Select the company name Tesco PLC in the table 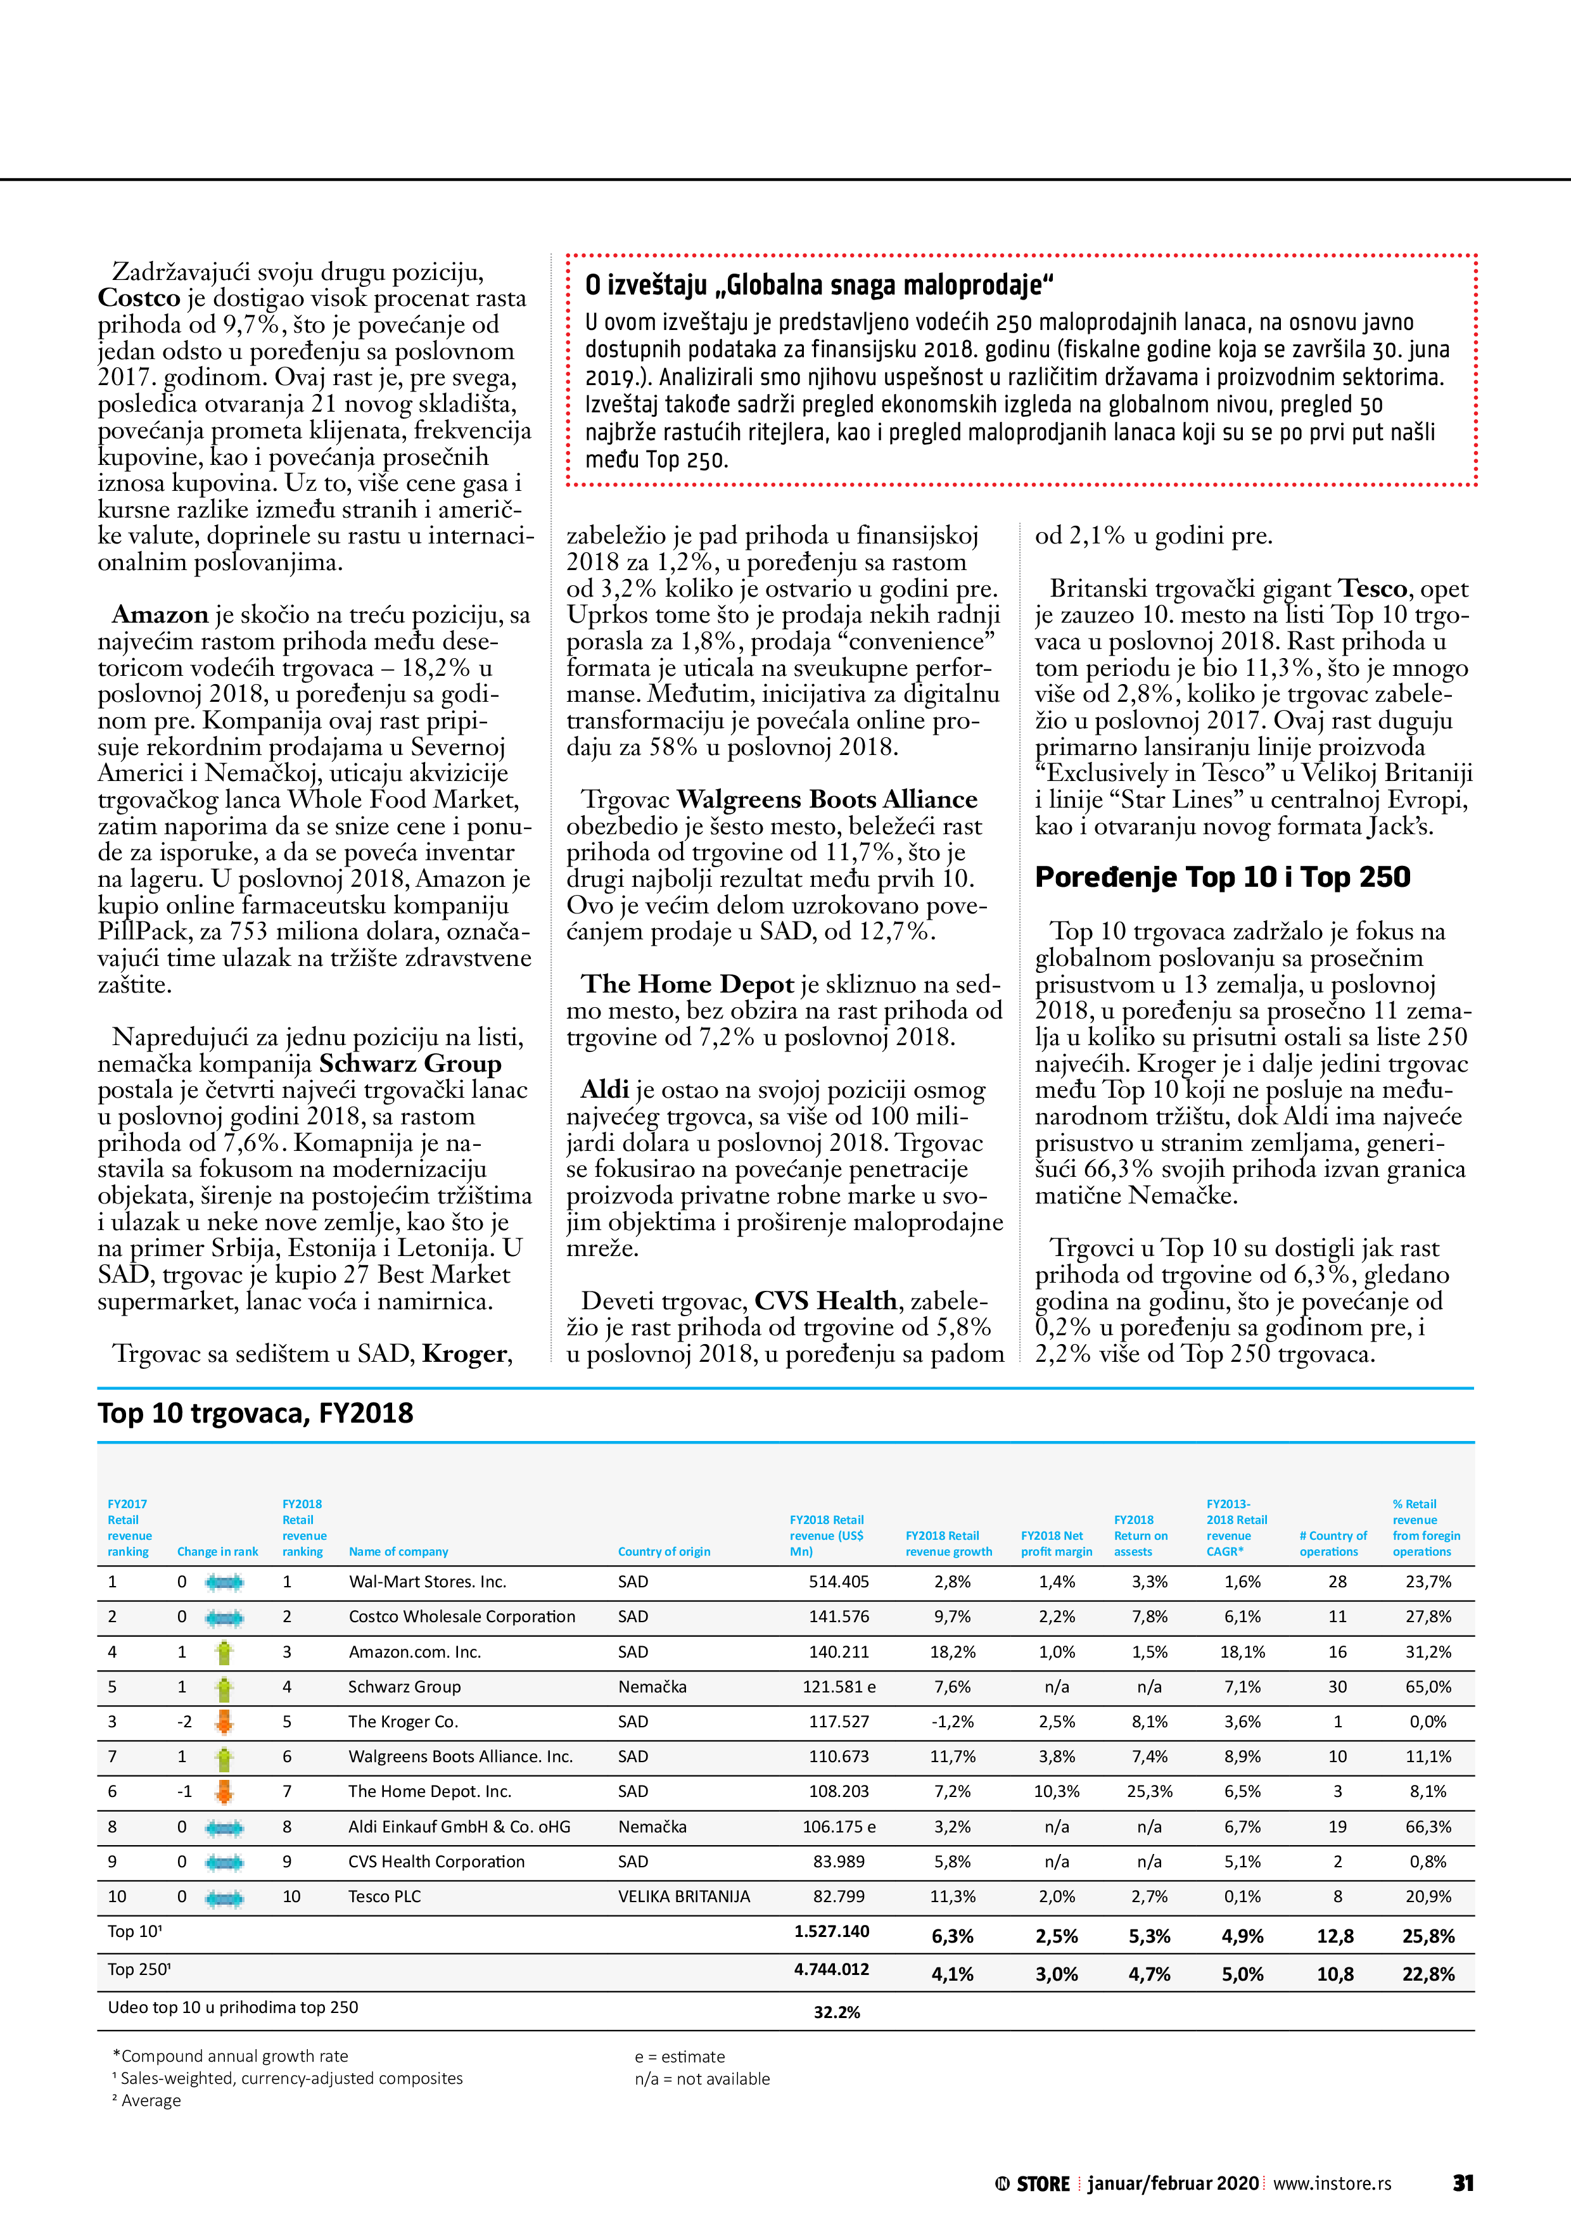pos(385,1896)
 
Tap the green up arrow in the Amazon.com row pos(224,1652)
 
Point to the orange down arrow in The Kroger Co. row pos(224,1722)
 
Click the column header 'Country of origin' pos(663,1551)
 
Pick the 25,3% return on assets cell pos(1149,1791)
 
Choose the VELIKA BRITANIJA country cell pos(684,1896)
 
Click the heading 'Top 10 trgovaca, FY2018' pos(255,1413)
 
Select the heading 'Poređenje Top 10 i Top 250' pos(1221,877)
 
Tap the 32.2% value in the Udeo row pos(836,2012)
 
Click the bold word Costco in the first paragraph pos(139,298)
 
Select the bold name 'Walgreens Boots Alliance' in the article pos(827,799)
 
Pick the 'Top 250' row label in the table pos(139,1969)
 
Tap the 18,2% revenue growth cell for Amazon pos(953,1652)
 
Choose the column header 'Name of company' pos(398,1551)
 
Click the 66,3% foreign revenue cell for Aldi pos(1428,1826)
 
